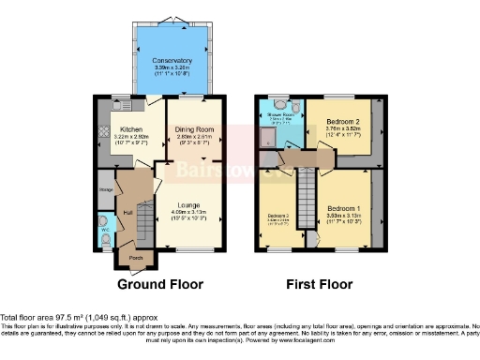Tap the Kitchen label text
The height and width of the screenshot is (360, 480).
pyautogui.click(x=131, y=129)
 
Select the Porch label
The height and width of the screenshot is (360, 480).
pyautogui.click(x=135, y=258)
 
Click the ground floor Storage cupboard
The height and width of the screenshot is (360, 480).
pyautogui.click(x=105, y=191)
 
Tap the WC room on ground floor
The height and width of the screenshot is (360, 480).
pyautogui.click(x=104, y=228)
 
